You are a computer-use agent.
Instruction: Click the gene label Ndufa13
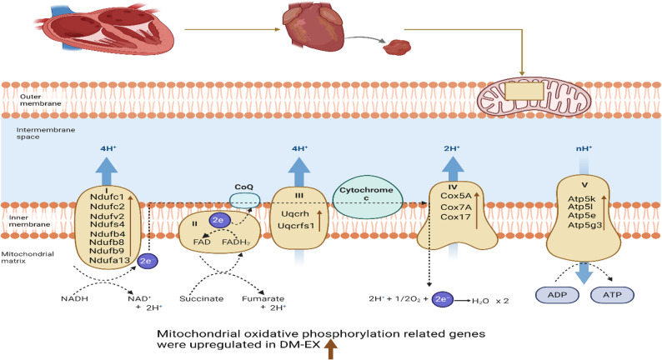tap(110, 260)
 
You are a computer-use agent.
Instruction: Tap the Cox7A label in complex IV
tap(455, 207)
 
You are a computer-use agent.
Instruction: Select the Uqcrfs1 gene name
tap(296, 226)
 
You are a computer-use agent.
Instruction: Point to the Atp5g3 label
tap(584, 225)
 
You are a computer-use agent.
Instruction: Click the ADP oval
tap(557, 295)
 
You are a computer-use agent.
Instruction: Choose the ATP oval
tap(612, 295)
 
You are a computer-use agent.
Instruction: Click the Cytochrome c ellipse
tap(367, 197)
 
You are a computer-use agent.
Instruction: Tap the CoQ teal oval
tap(245, 201)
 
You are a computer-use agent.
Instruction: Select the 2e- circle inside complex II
tap(219, 220)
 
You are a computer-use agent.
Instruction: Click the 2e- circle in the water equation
tap(443, 299)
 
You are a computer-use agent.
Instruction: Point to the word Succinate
tap(202, 299)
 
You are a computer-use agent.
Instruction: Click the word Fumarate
tap(263, 299)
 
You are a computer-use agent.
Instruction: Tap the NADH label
tap(75, 299)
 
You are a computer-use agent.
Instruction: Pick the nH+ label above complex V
tap(584, 148)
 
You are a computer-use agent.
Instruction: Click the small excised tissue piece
tap(397, 47)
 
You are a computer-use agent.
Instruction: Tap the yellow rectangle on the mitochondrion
tap(524, 91)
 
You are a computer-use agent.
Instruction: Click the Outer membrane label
tap(41, 100)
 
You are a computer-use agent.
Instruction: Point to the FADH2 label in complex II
tap(237, 242)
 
